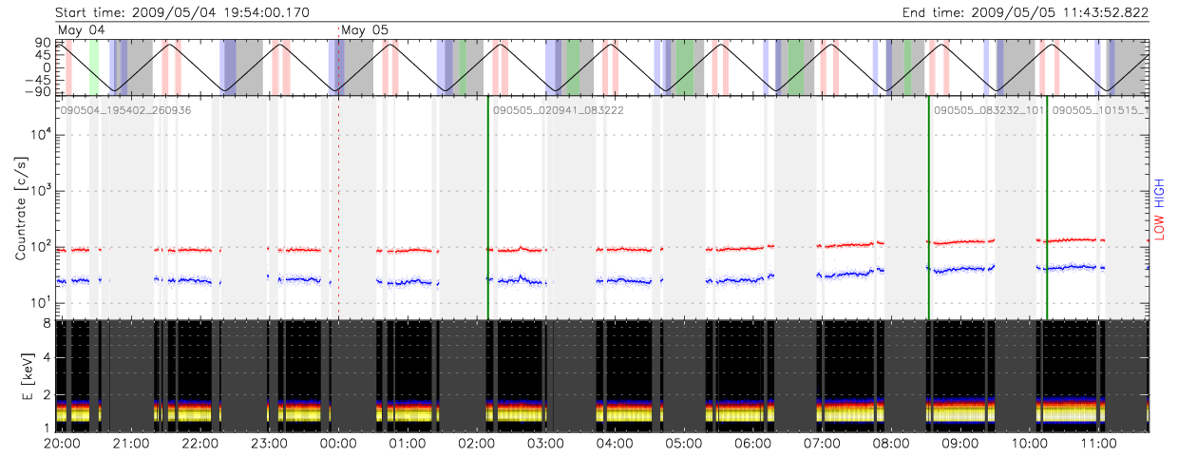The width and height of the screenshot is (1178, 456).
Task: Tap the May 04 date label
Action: click(81, 30)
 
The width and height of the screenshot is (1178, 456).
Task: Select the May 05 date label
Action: click(365, 30)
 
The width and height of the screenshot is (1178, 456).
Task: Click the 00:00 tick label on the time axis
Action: click(338, 444)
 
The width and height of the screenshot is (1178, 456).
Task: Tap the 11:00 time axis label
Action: click(1098, 444)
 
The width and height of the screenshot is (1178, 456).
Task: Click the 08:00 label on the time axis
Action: click(891, 444)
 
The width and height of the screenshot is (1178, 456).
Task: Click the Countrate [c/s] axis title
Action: click(21, 206)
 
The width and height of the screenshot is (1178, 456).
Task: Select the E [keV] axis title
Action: click(21, 376)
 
